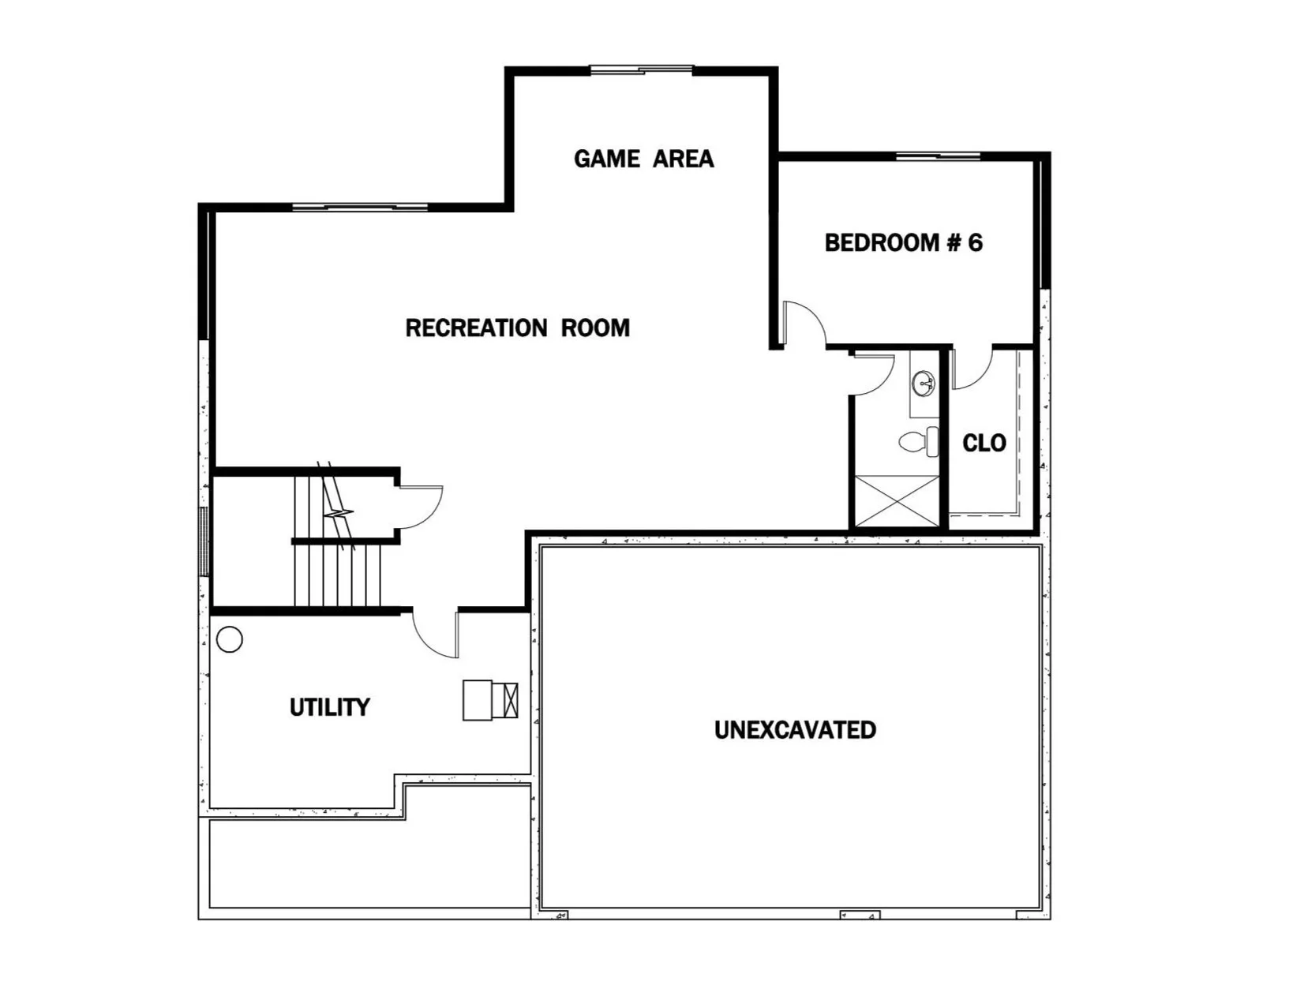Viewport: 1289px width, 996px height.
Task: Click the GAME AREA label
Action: [643, 159]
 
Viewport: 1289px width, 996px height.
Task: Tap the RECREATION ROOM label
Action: [517, 328]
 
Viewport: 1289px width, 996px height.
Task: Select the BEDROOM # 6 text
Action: [903, 242]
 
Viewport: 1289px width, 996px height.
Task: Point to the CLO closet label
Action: [984, 443]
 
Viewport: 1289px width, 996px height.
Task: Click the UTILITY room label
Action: [329, 707]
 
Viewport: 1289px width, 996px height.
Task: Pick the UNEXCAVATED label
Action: [795, 730]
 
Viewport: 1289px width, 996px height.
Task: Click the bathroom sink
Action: [924, 384]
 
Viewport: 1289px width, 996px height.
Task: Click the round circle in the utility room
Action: [229, 639]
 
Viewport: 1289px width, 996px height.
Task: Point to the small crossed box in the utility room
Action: [509, 699]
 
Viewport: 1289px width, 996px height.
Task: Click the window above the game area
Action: [642, 70]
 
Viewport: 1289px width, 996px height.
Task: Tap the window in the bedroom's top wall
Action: [939, 155]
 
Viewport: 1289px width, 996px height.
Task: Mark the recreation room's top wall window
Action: [359, 208]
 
